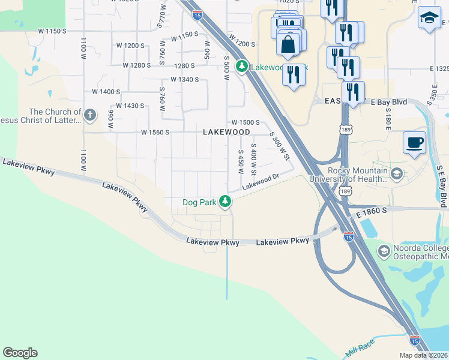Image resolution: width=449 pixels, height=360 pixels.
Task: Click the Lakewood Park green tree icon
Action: coord(242,66)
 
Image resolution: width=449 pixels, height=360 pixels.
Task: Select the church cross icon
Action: coord(90,115)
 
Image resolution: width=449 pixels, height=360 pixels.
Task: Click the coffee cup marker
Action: coord(414,143)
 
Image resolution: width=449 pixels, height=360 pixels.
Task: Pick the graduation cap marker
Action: coord(429,18)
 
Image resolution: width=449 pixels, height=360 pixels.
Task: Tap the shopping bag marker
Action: coord(289,44)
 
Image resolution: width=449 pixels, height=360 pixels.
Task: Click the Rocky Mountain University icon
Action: coord(396,174)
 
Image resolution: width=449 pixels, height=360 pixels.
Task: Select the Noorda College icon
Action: coord(383,250)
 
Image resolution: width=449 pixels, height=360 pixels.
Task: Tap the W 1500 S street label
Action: coord(245,122)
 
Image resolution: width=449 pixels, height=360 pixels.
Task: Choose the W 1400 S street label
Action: coord(106,91)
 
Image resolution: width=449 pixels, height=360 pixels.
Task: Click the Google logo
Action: coord(20,353)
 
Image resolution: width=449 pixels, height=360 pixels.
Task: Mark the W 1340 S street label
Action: coord(184,79)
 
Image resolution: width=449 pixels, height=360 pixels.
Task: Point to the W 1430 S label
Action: coord(130,106)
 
